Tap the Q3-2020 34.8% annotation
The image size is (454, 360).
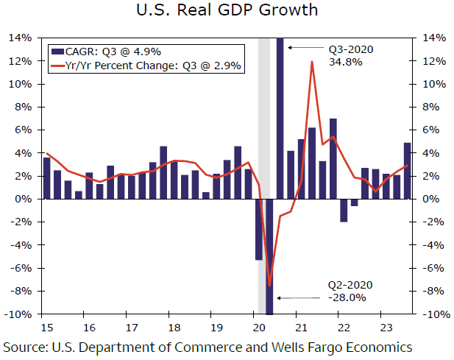[x=352, y=55]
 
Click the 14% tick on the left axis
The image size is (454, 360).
[x=21, y=38]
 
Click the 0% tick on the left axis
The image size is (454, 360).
[x=24, y=200]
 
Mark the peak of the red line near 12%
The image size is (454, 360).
[x=313, y=62]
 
